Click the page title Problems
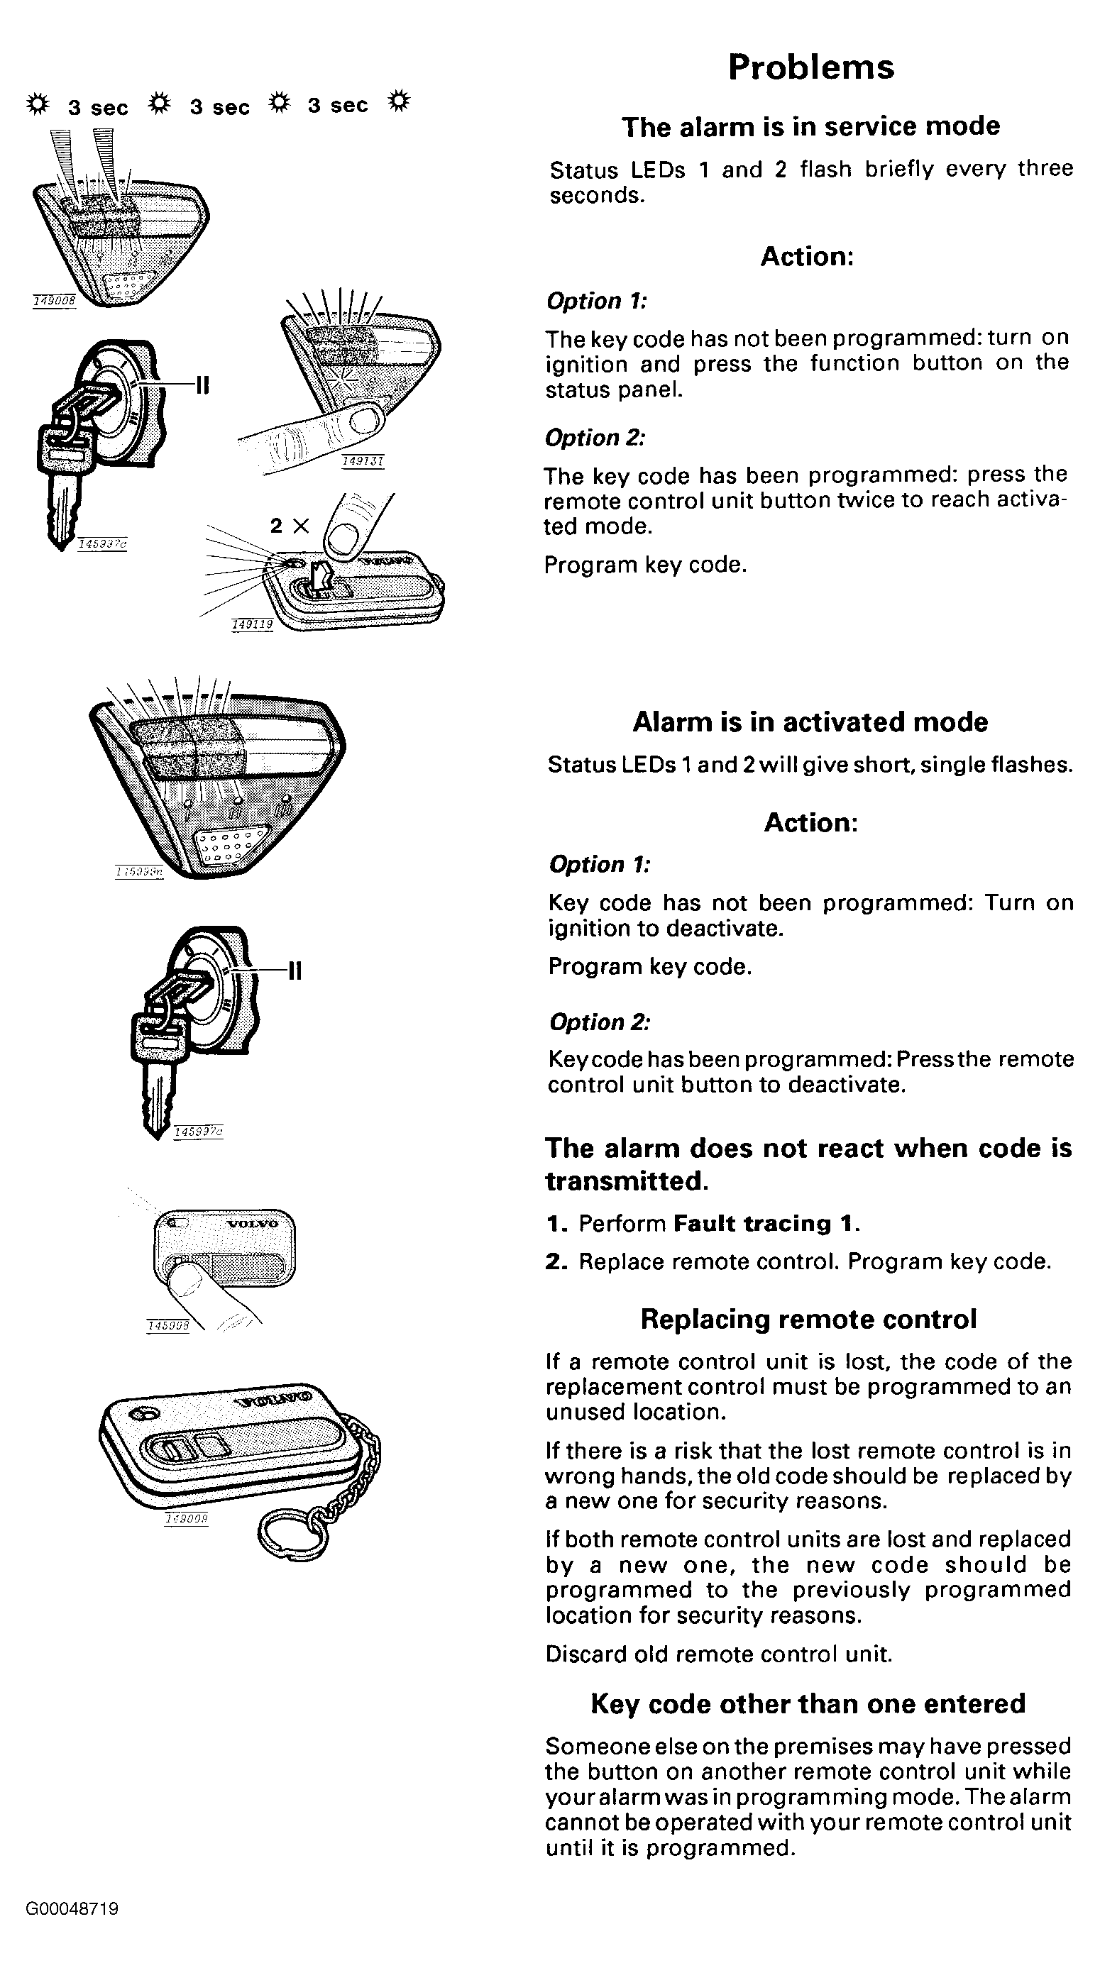(x=810, y=67)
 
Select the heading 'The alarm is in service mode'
(x=810, y=126)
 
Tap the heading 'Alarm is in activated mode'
(x=810, y=722)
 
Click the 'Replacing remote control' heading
(x=808, y=1320)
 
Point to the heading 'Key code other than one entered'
(x=808, y=1704)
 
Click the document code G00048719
(x=72, y=1909)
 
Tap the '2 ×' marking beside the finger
(x=290, y=526)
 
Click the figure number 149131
(x=363, y=460)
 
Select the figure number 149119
(x=252, y=625)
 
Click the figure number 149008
(x=54, y=301)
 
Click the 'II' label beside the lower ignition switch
(x=295, y=971)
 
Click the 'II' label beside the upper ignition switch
(x=202, y=385)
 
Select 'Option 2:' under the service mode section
(x=595, y=438)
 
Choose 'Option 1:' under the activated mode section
(x=599, y=865)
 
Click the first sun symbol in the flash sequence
(x=38, y=103)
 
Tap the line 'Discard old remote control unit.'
(x=719, y=1654)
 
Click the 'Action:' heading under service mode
(x=806, y=257)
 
